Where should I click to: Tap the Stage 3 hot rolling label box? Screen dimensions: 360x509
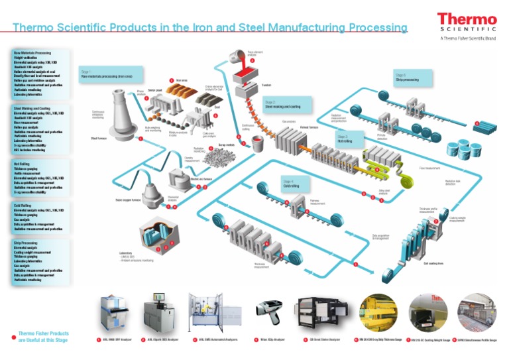coord(350,139)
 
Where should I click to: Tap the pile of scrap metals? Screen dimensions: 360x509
coord(223,158)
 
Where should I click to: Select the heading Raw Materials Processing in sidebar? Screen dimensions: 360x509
coord(32,52)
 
